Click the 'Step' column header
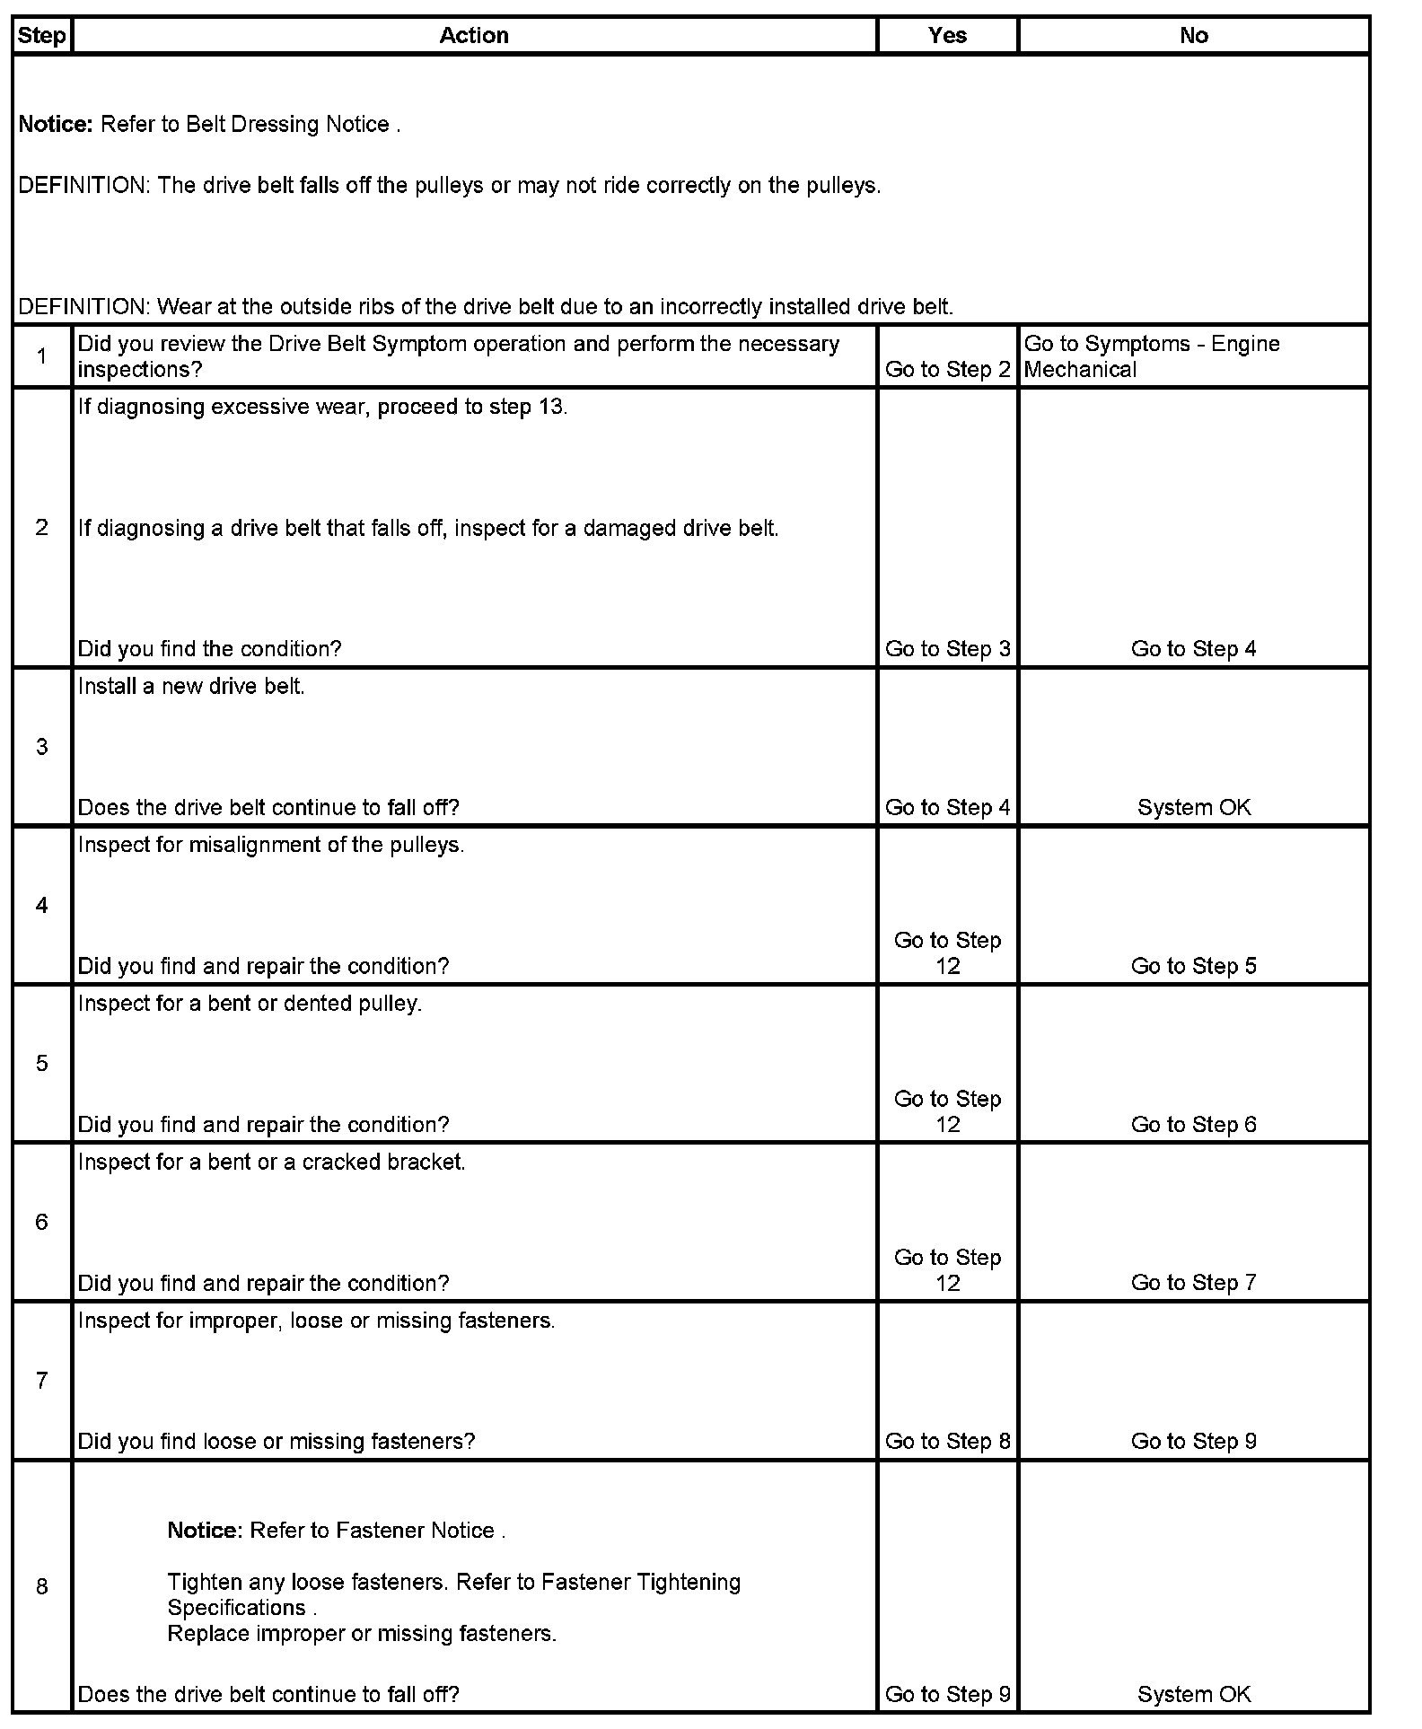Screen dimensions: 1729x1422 (x=41, y=36)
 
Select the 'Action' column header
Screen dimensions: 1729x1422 (x=474, y=36)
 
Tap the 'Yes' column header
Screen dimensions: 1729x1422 (x=947, y=36)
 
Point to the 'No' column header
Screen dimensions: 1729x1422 (x=1193, y=36)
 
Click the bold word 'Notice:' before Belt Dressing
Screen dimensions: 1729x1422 (x=56, y=125)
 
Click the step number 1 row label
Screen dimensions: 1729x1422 (x=41, y=356)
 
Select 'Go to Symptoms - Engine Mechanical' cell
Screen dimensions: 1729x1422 (x=1152, y=356)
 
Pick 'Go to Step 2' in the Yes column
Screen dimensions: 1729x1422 (x=947, y=370)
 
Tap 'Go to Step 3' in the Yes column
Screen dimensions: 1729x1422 (x=947, y=649)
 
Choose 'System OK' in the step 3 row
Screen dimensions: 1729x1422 (x=1193, y=808)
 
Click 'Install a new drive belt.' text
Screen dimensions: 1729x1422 (x=191, y=687)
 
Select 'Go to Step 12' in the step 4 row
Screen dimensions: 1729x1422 (x=947, y=953)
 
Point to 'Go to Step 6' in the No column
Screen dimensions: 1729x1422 (x=1193, y=1125)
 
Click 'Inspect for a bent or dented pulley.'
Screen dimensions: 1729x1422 (x=250, y=1004)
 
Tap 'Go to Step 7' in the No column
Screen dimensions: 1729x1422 (x=1193, y=1284)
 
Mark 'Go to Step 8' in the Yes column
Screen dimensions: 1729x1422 (x=947, y=1442)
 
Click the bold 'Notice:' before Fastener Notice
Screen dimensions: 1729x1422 (x=205, y=1531)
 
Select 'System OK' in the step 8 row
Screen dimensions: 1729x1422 (x=1193, y=1695)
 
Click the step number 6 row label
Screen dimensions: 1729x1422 (x=41, y=1222)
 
